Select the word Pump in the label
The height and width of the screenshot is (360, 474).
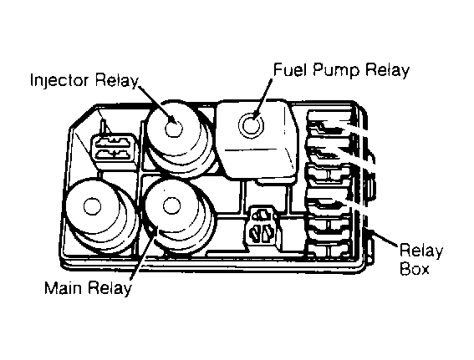(x=336, y=72)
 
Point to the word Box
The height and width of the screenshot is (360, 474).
(x=414, y=268)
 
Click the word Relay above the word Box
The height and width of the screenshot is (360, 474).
(x=420, y=251)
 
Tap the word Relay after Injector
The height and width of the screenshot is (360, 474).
(x=117, y=81)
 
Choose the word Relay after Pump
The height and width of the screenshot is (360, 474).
(x=387, y=71)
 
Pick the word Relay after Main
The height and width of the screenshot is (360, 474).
(x=110, y=288)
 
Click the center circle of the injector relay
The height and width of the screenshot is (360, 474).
(x=174, y=128)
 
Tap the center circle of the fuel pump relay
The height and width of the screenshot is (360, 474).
(x=251, y=124)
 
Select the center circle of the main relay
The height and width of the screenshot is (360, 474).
(x=171, y=205)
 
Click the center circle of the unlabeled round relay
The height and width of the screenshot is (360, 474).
(x=92, y=206)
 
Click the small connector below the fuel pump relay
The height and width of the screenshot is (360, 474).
(x=263, y=225)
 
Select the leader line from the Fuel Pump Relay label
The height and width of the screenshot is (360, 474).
(x=262, y=99)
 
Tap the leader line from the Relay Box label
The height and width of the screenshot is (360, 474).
(x=385, y=238)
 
